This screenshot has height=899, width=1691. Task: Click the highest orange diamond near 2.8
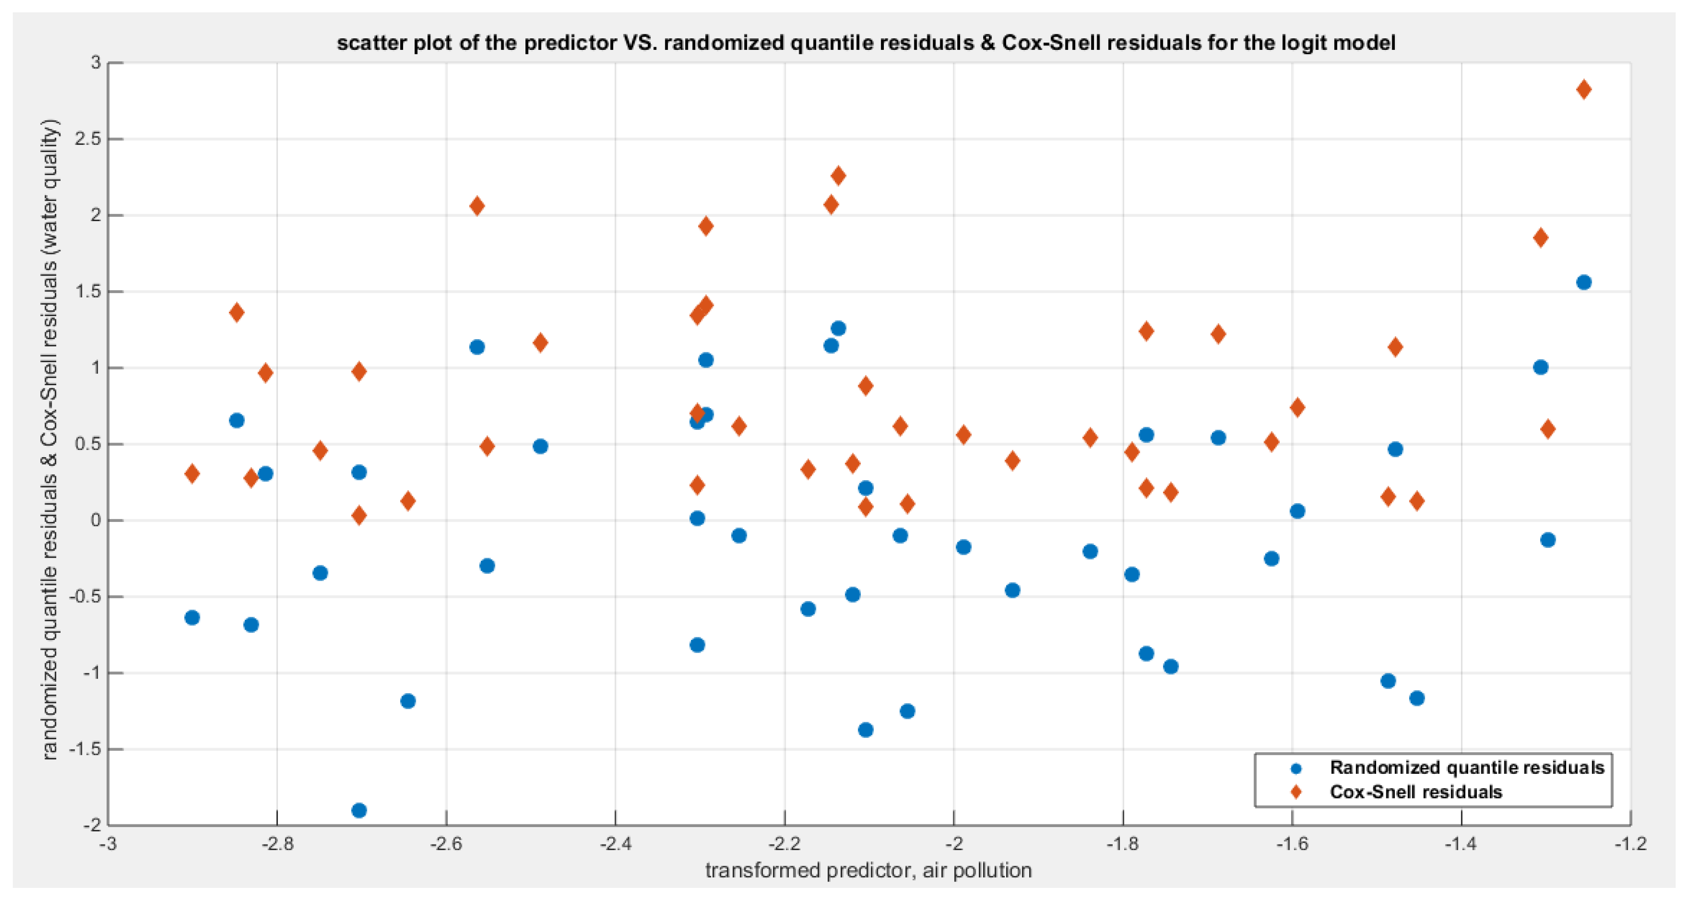(1583, 90)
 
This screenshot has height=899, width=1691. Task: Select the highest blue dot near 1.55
(1583, 282)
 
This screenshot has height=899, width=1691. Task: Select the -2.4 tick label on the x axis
(615, 844)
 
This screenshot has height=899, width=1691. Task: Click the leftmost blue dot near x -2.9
(192, 617)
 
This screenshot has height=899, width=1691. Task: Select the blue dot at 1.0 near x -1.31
(1540, 367)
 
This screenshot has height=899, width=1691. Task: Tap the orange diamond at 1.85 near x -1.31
(1540, 238)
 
